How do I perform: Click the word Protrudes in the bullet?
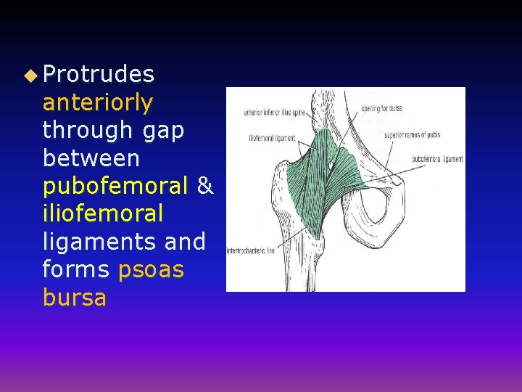[99, 75]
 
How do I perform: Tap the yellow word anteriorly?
[98, 102]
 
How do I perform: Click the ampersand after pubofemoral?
[205, 186]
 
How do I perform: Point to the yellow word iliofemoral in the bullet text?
[103, 213]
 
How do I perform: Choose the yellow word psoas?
[151, 269]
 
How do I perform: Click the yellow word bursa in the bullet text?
[75, 298]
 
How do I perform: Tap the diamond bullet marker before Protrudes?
[29, 75]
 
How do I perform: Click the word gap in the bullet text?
[164, 130]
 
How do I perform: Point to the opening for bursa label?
[382, 108]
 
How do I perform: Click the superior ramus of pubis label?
[413, 134]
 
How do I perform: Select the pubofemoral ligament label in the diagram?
[437, 159]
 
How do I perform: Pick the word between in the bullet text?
[91, 158]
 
